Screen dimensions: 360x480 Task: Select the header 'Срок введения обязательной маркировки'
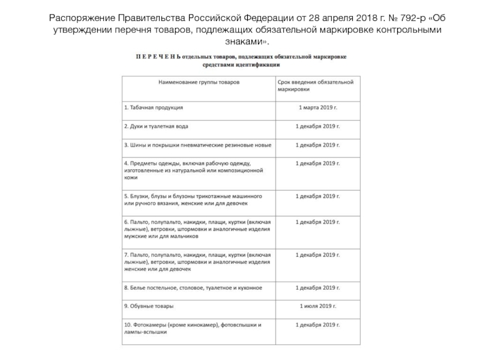click(315, 84)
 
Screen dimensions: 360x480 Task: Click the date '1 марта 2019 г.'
click(318, 108)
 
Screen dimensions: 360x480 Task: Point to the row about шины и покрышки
click(197, 145)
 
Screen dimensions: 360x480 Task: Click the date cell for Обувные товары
click(318, 306)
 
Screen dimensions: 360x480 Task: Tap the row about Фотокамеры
click(192, 329)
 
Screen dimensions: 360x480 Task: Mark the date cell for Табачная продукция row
click(318, 108)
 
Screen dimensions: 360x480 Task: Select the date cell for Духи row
click(318, 127)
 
